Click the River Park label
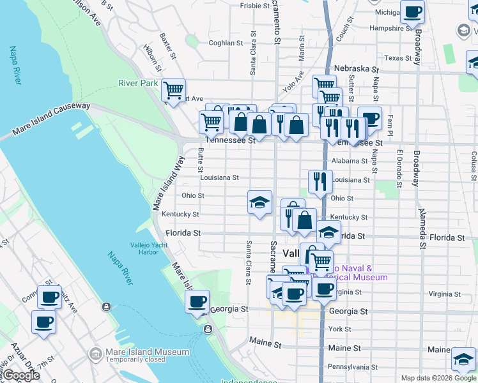click(137, 83)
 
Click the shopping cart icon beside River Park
click(173, 91)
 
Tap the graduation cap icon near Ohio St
click(259, 202)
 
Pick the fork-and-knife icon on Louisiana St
click(320, 181)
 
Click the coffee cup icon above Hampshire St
click(412, 11)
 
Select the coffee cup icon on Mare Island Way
click(197, 301)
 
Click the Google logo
click(21, 375)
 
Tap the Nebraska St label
click(356, 69)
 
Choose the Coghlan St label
click(226, 43)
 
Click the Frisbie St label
click(254, 6)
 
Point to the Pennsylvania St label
click(352, 367)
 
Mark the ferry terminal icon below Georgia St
click(208, 329)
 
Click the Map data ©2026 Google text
click(438, 378)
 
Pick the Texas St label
click(398, 58)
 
